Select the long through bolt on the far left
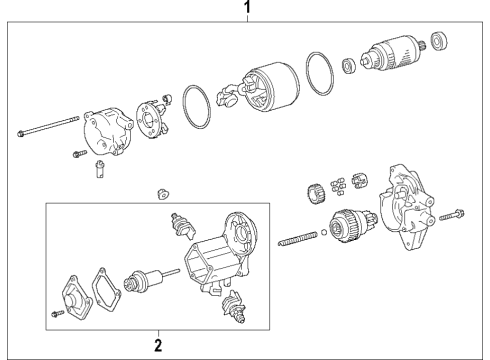(46, 127)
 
